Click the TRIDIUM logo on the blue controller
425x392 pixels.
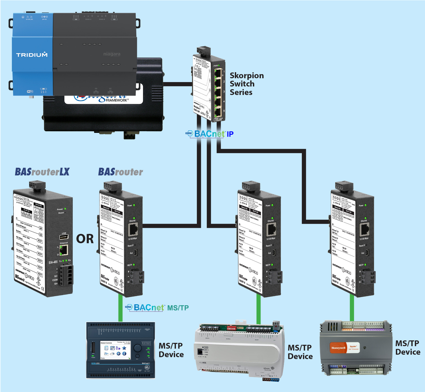click(x=32, y=55)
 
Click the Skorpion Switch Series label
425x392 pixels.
click(x=247, y=84)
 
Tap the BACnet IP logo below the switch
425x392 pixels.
click(x=210, y=134)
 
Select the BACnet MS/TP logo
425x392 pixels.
click(x=157, y=307)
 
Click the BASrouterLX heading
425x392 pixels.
click(x=42, y=172)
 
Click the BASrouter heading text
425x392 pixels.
click(x=120, y=172)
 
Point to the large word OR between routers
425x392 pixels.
click(x=85, y=239)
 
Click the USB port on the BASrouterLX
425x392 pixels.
click(x=64, y=237)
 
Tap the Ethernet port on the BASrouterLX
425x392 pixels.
click(x=64, y=250)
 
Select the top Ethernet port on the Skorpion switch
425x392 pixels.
click(x=218, y=73)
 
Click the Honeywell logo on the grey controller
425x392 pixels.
click(x=338, y=348)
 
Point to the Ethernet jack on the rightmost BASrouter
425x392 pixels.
click(x=365, y=229)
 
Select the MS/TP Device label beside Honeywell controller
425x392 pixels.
click(x=407, y=348)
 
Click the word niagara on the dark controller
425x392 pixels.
click(x=112, y=54)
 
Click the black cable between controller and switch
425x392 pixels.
click(x=178, y=84)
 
